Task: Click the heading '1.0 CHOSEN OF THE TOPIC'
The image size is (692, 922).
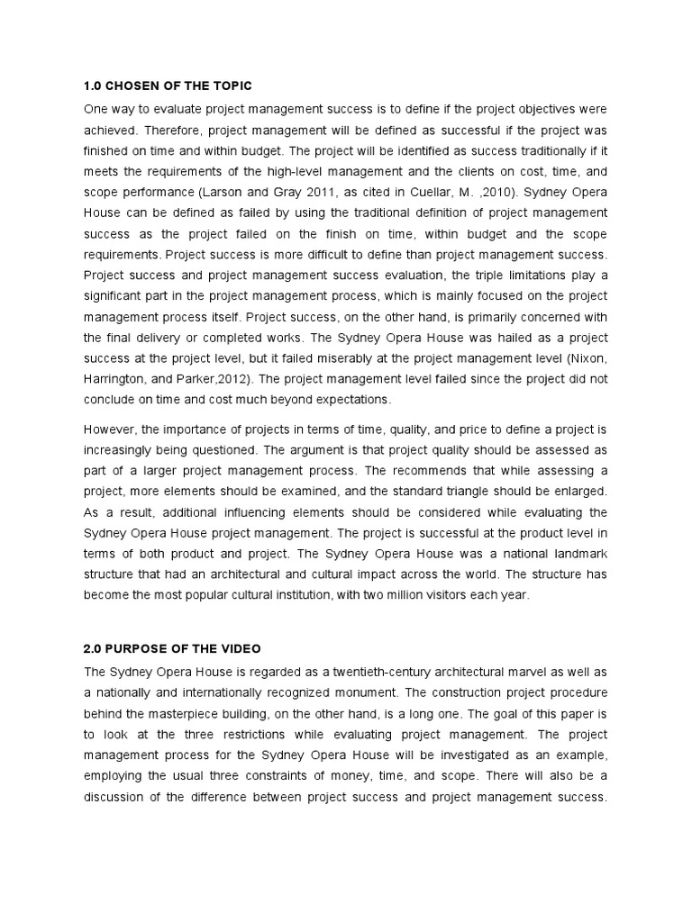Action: click(168, 86)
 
